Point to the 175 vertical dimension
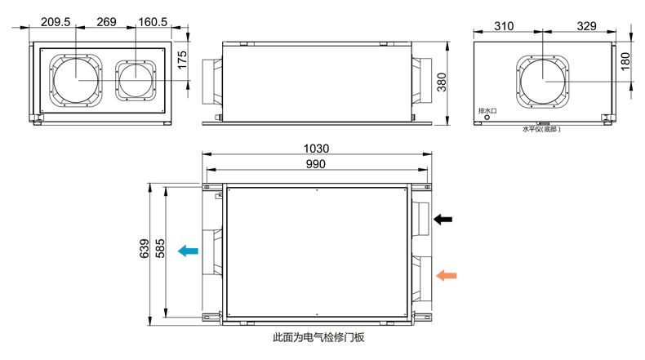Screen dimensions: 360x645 tap(184, 60)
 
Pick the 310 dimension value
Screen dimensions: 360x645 tap(504, 26)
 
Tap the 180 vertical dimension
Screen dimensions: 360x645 tap(626, 62)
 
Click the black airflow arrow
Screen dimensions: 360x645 tap(443, 219)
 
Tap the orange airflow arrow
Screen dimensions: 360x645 tap(447, 275)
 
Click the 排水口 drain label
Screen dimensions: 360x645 tap(487, 109)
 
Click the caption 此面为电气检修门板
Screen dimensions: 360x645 tap(318, 336)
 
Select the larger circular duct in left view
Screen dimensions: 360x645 tap(77, 79)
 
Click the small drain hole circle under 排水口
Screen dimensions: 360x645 tap(487, 118)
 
